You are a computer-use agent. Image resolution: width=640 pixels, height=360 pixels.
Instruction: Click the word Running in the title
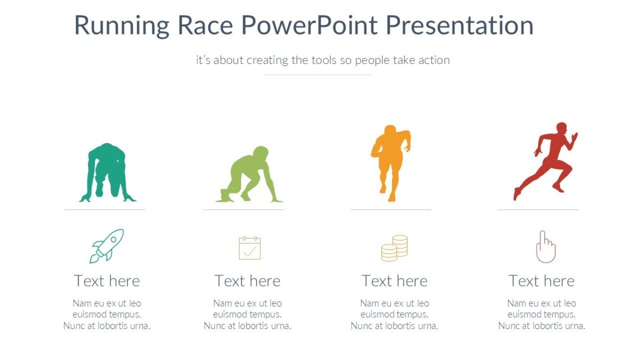[x=122, y=26]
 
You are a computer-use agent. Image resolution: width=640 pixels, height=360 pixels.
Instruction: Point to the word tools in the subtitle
[x=323, y=60]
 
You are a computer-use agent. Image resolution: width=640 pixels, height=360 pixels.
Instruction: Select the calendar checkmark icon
[x=250, y=248]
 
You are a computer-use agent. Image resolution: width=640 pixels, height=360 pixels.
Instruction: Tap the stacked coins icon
[x=394, y=248]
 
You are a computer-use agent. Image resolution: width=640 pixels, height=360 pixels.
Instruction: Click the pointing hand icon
[x=545, y=247]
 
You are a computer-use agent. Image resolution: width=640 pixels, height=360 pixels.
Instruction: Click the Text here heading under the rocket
[x=107, y=281]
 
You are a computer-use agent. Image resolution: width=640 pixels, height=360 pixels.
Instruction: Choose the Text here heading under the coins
[x=394, y=281]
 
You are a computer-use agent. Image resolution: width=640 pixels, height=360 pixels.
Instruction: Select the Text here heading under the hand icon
[x=541, y=281]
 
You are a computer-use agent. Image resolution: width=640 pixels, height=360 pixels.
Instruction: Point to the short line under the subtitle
[x=317, y=75]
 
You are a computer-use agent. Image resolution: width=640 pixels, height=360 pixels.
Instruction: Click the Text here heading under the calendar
[x=247, y=281]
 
